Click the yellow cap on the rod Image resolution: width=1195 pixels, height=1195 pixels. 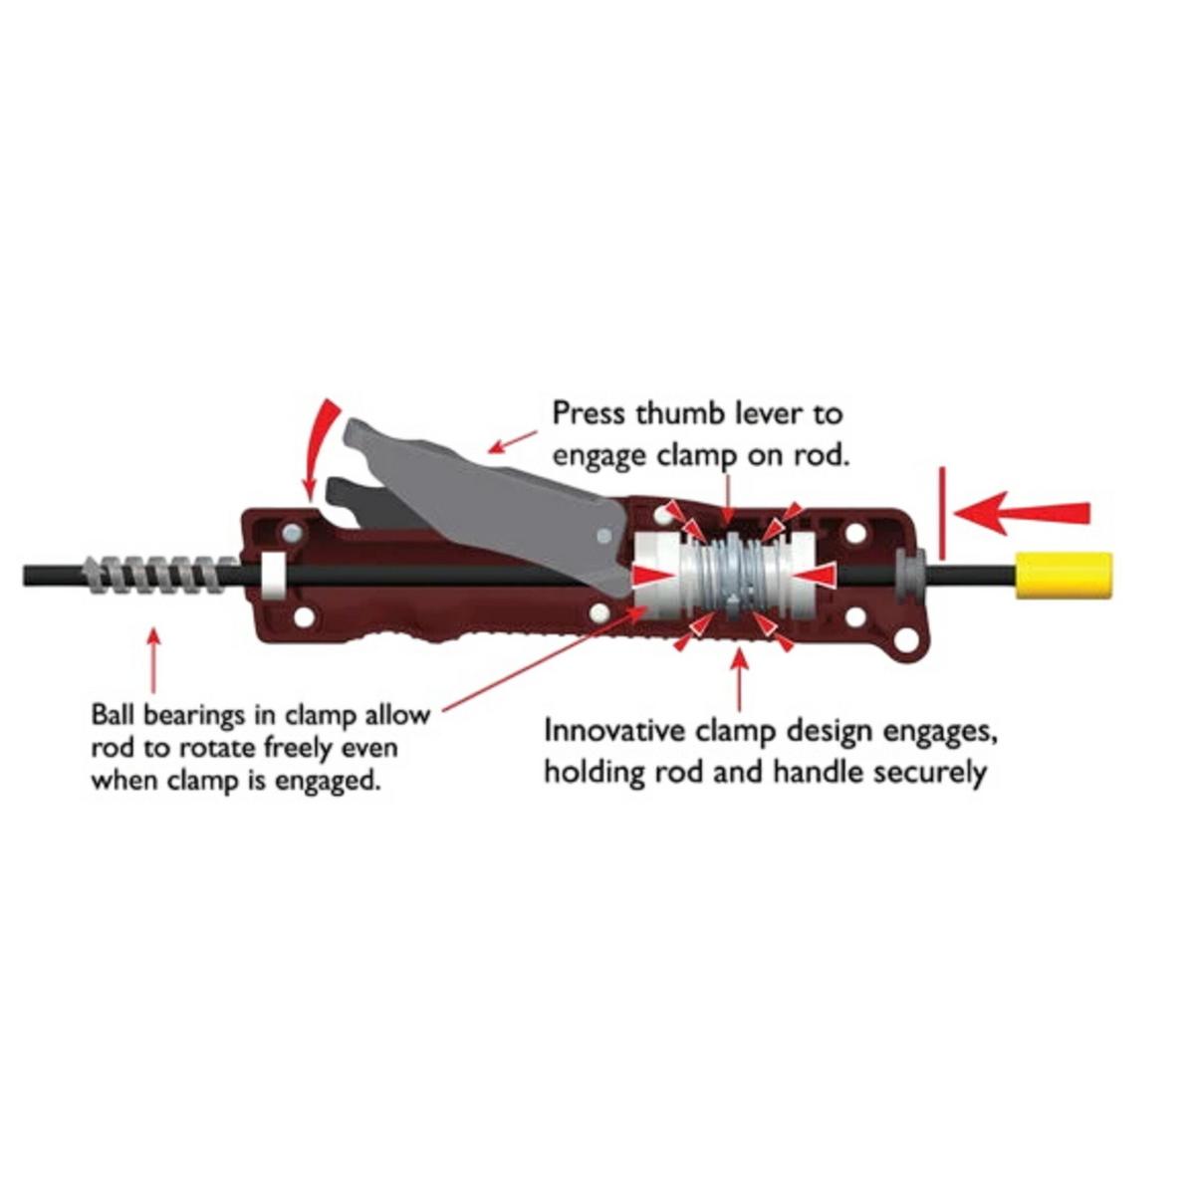1063,577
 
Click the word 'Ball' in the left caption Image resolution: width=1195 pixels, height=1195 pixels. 115,715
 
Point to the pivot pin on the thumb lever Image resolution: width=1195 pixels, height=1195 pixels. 602,536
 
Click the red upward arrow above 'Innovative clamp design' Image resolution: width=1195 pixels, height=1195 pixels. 738,677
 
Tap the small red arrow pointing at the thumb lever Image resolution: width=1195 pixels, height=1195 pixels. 513,441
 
